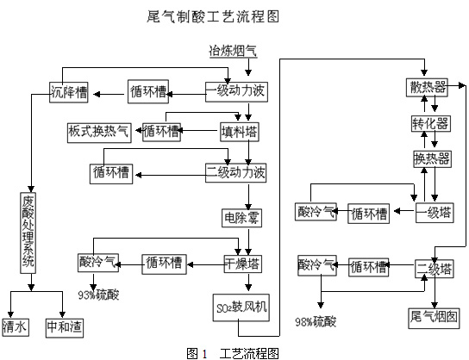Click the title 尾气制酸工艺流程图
(213, 16)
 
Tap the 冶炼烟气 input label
(233, 51)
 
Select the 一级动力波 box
(236, 91)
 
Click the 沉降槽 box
(69, 92)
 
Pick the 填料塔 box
(240, 132)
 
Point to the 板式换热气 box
(99, 133)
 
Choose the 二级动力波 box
(235, 173)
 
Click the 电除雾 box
(241, 218)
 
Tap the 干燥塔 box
(243, 264)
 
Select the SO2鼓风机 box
(241, 307)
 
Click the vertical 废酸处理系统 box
(28, 233)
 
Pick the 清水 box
(16, 327)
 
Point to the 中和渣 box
(65, 328)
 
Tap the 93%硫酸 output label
(98, 295)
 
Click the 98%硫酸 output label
(316, 322)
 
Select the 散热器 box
(427, 87)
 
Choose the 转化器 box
(431, 123)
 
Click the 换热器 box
(432, 159)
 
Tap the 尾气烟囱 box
(434, 318)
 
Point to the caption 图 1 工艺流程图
(233, 353)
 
